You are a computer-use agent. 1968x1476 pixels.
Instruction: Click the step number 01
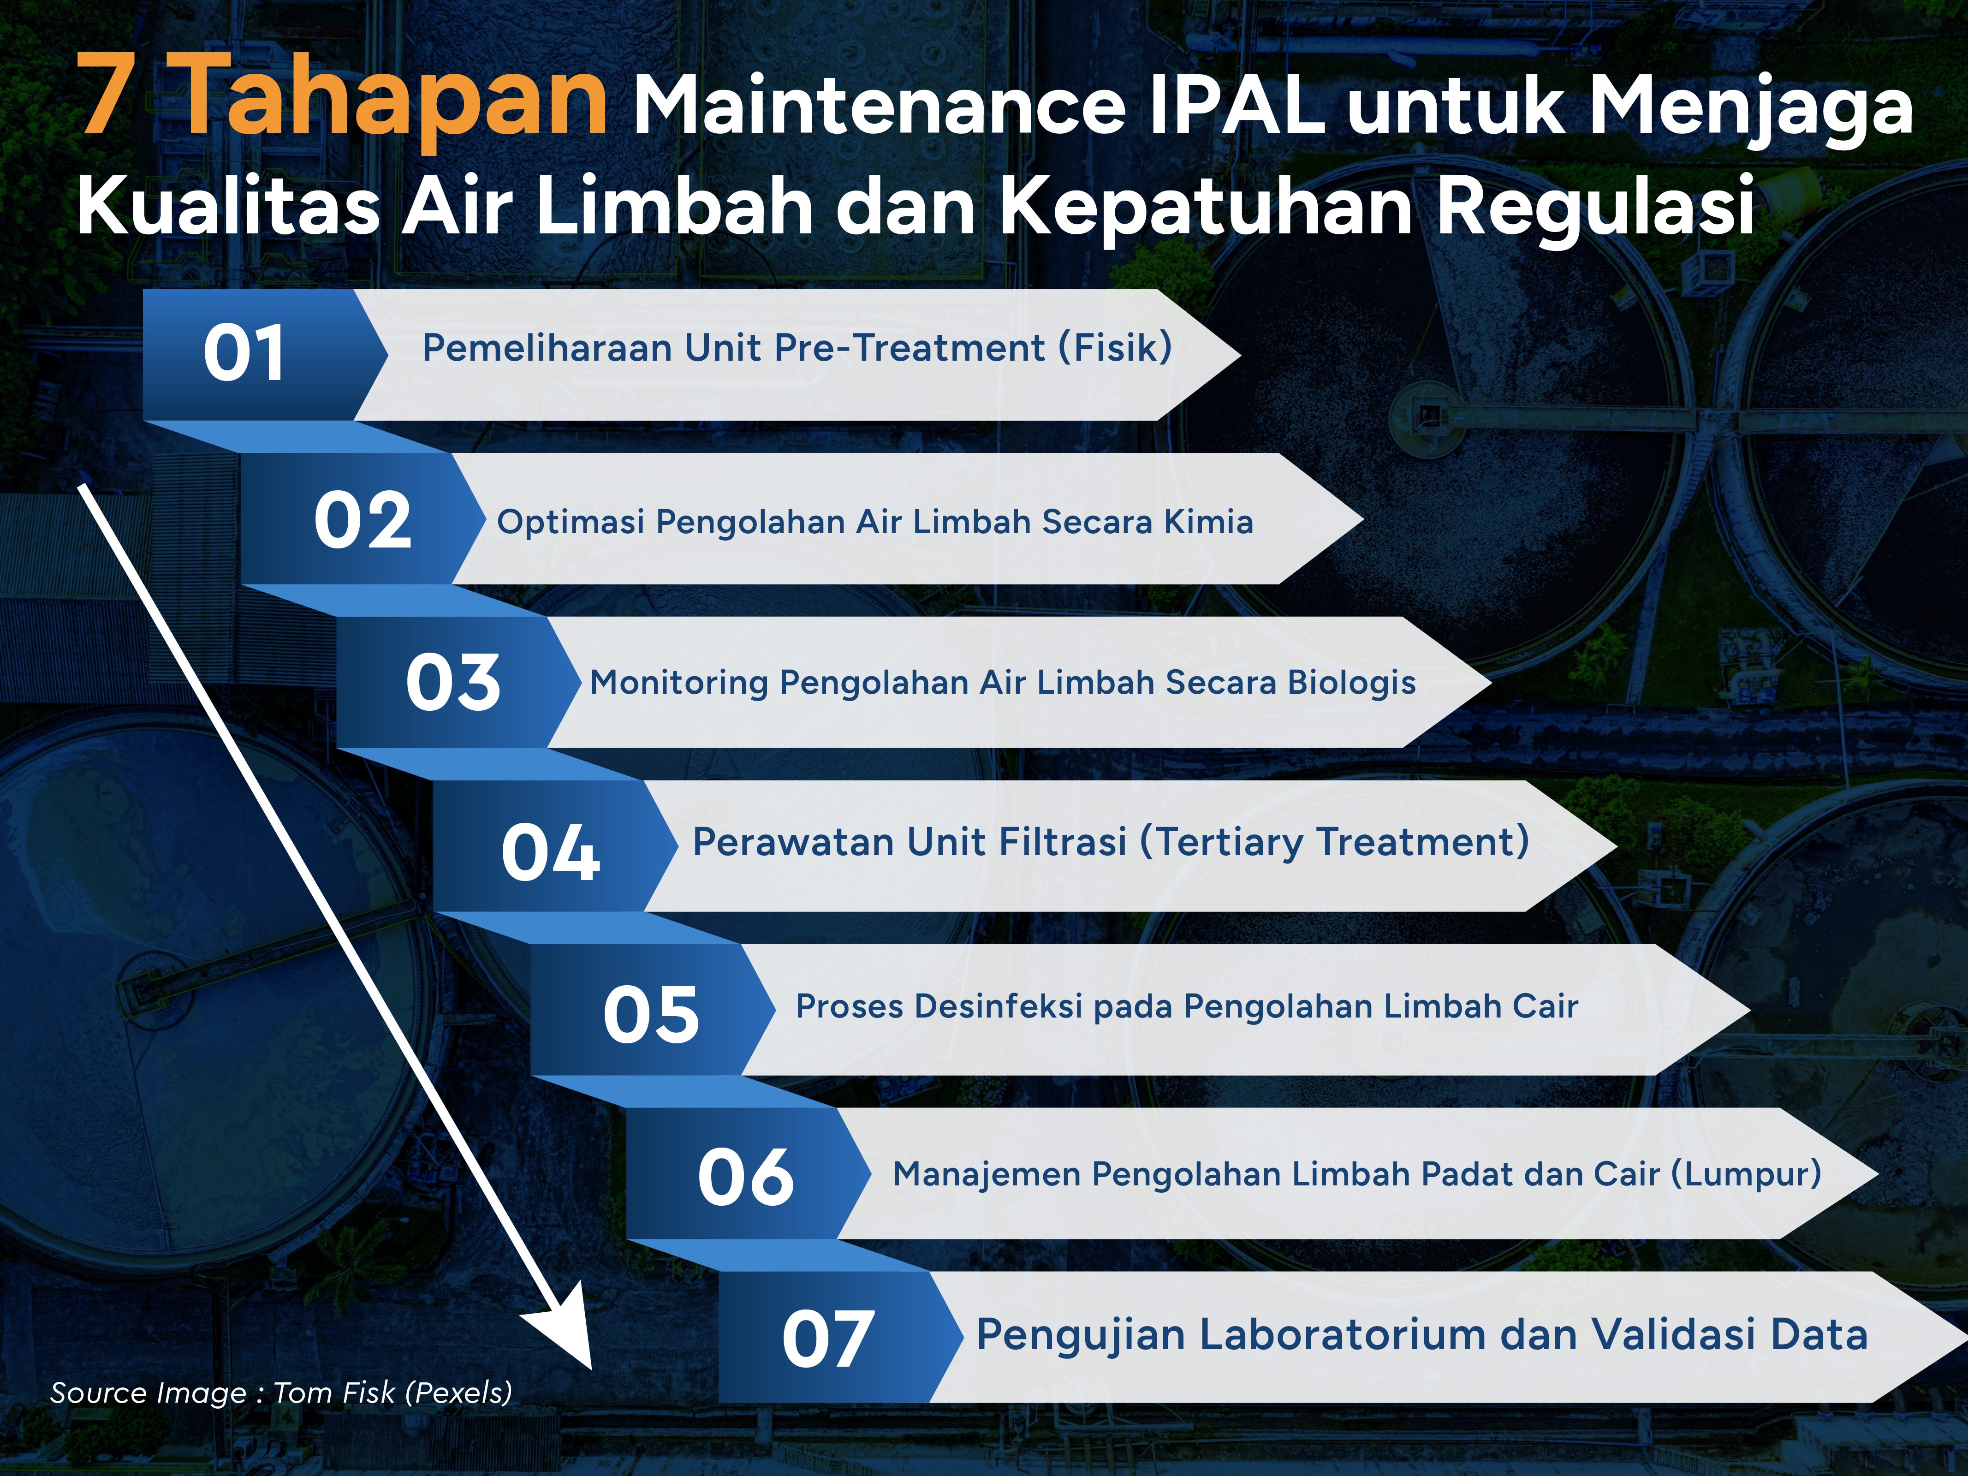(244, 354)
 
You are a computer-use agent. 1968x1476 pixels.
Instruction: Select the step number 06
(746, 1177)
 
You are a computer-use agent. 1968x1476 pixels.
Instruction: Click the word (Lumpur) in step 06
(1746, 1174)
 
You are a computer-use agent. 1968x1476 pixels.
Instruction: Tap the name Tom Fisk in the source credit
(333, 1393)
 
